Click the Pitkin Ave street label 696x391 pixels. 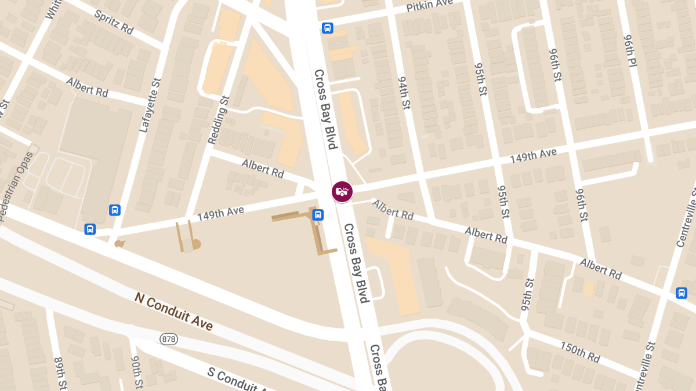[x=429, y=6]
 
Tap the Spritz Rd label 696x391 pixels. [x=114, y=21]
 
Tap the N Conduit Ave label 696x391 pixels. [x=173, y=312]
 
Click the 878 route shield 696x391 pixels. [x=169, y=338]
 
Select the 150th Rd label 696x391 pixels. [x=579, y=352]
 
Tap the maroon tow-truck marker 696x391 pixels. [x=342, y=191]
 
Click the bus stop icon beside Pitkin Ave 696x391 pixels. [x=327, y=28]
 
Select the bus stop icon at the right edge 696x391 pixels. [x=681, y=293]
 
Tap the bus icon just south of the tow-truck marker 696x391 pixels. [x=318, y=215]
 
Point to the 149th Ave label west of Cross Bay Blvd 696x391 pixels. [x=220, y=214]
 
